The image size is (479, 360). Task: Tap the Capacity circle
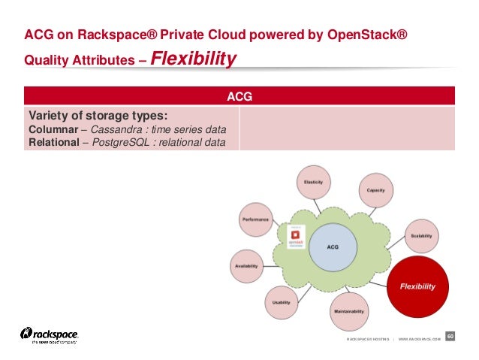(375, 191)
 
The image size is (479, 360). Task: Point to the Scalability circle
(421, 236)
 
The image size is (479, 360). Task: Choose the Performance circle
(255, 219)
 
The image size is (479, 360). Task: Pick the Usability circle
(281, 302)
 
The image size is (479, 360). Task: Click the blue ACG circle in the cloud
(333, 246)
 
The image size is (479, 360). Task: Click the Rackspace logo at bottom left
(50, 335)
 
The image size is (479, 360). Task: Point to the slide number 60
(451, 335)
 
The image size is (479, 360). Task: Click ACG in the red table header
(239, 96)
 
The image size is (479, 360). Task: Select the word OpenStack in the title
(364, 35)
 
